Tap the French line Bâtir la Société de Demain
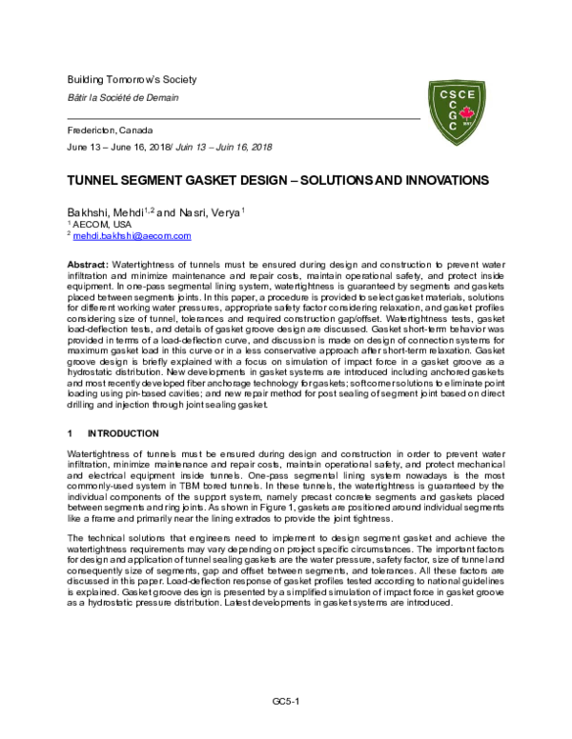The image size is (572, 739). click(x=122, y=97)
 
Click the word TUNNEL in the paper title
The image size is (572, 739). click(x=92, y=180)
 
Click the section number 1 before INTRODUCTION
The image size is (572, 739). click(x=70, y=433)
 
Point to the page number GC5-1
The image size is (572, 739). click(x=286, y=700)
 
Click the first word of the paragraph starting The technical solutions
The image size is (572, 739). click(x=77, y=540)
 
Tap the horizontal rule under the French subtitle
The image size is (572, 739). click(x=243, y=115)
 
